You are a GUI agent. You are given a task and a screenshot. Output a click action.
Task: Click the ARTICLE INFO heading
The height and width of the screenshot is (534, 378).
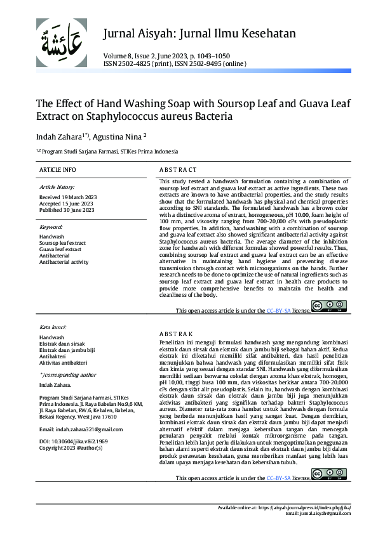point(57,170)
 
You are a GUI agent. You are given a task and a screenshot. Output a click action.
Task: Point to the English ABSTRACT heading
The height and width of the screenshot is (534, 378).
point(178,170)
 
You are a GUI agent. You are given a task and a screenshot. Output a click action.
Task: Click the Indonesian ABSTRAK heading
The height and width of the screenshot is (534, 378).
point(175,334)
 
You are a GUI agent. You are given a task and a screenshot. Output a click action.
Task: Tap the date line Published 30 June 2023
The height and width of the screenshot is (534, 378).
point(67,210)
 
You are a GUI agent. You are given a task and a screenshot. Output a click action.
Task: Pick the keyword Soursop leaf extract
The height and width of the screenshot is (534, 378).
point(62,243)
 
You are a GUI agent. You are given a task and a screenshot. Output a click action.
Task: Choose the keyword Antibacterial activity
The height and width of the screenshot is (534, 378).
point(64,262)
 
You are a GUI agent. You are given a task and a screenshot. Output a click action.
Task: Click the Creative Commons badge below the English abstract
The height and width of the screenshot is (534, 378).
point(329,307)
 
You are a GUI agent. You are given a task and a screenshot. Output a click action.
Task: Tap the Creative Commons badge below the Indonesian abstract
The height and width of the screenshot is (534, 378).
point(329,474)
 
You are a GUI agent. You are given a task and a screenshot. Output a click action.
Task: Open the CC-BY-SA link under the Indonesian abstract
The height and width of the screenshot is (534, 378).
point(278,478)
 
